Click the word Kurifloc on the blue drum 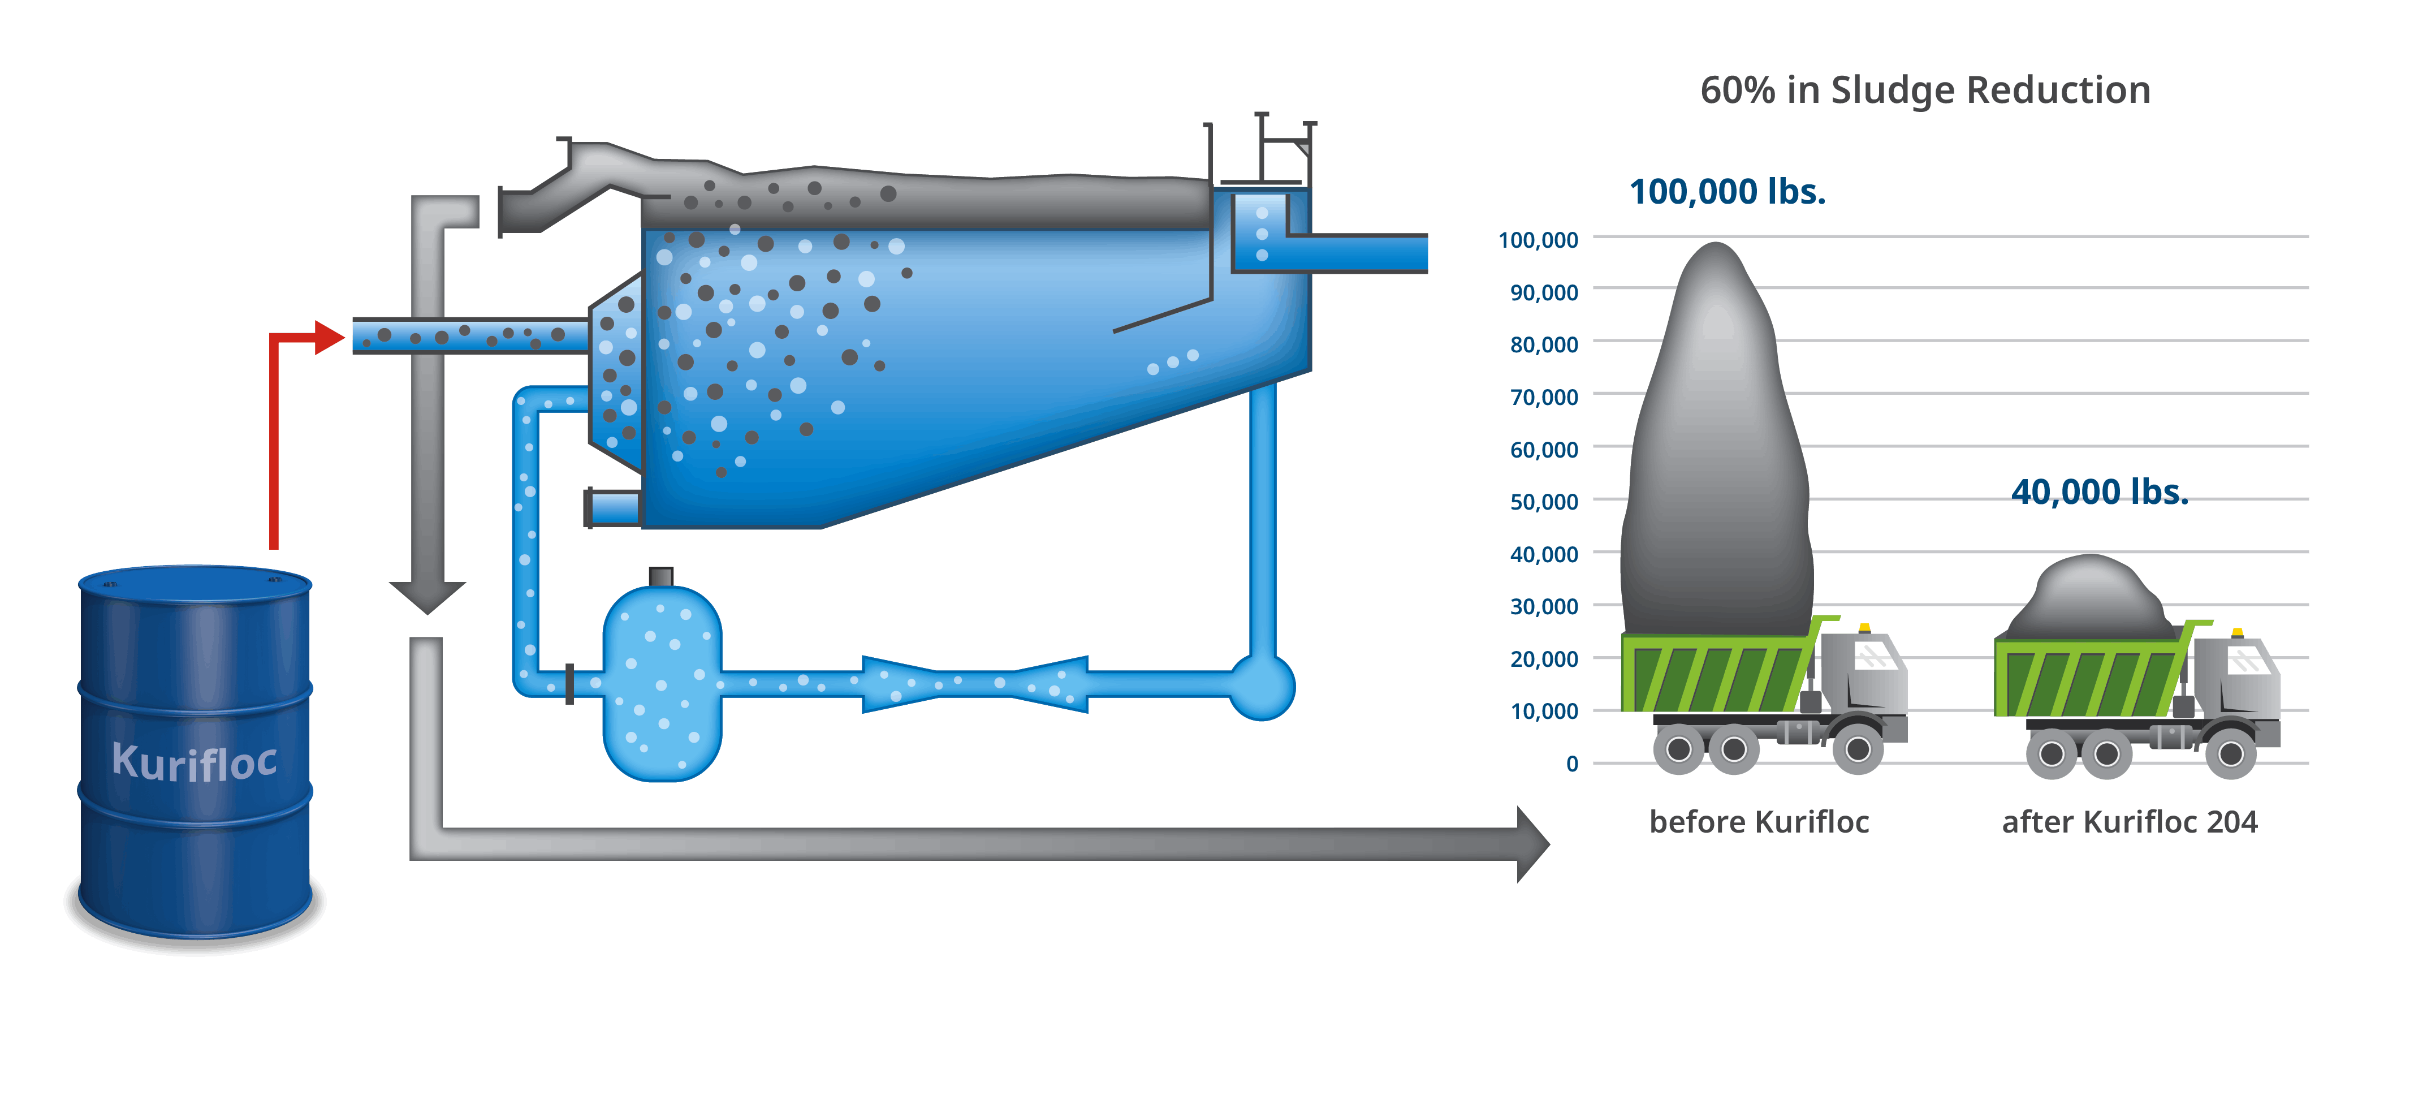click(194, 761)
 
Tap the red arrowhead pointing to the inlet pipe click(329, 337)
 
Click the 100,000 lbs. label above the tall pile click(1727, 192)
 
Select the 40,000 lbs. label click(2099, 492)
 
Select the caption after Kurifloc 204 click(2129, 822)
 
